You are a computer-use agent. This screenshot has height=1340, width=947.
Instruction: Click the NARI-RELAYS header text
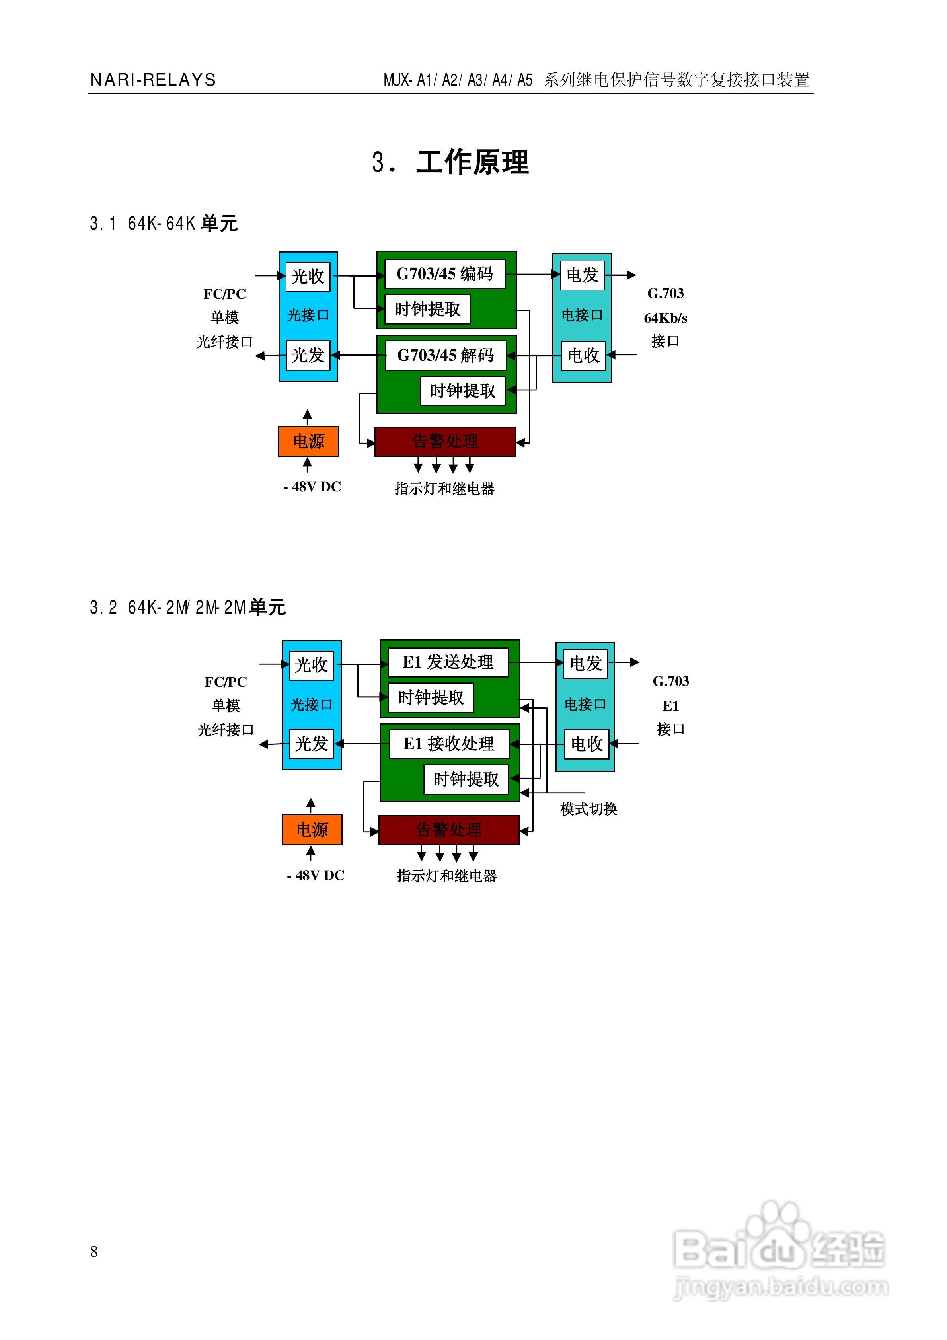click(153, 80)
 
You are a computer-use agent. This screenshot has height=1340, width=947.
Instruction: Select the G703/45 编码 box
click(445, 274)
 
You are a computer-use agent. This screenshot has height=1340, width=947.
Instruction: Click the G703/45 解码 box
click(445, 355)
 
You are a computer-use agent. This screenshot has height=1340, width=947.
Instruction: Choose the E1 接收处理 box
click(448, 744)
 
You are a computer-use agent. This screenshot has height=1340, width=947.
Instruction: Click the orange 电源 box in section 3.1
click(308, 441)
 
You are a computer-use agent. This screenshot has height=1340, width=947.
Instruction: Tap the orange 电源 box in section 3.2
click(312, 829)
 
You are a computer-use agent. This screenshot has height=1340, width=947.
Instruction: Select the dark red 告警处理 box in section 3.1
click(445, 441)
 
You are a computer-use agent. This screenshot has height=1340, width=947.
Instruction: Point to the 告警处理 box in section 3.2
click(448, 829)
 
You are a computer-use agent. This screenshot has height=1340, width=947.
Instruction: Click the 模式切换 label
click(588, 809)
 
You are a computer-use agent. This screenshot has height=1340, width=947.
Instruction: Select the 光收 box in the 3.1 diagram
click(308, 276)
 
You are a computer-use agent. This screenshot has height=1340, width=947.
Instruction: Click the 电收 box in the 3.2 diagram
click(586, 744)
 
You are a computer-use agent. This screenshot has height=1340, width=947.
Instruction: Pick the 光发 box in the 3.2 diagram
click(311, 744)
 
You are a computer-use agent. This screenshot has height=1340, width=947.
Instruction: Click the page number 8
click(94, 1251)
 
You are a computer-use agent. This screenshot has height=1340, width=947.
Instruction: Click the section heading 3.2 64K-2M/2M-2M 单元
click(187, 608)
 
